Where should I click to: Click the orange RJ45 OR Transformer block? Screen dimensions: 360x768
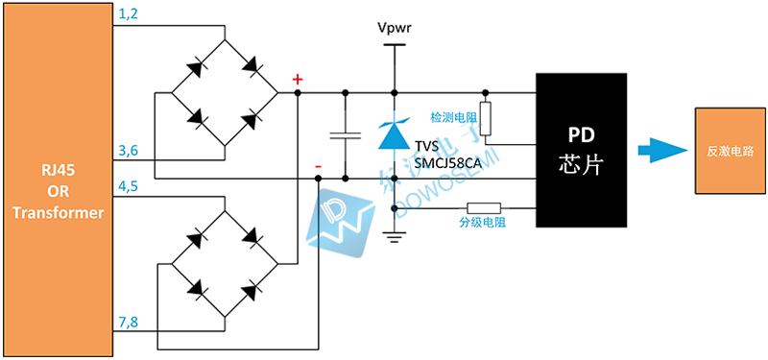(x=57, y=179)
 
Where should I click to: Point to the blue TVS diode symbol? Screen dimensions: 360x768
(x=394, y=133)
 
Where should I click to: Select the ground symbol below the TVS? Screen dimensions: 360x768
(x=394, y=234)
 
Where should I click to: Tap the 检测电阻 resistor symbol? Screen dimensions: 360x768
(x=486, y=118)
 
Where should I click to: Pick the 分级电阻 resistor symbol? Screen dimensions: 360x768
(x=483, y=207)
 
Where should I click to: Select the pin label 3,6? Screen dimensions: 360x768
(x=128, y=152)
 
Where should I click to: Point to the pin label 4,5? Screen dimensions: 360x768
(x=128, y=183)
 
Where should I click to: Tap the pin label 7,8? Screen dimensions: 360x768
(x=128, y=320)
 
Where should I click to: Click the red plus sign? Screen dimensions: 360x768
(x=298, y=79)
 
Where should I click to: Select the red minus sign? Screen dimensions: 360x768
(x=318, y=168)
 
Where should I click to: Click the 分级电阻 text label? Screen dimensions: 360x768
(x=482, y=223)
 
